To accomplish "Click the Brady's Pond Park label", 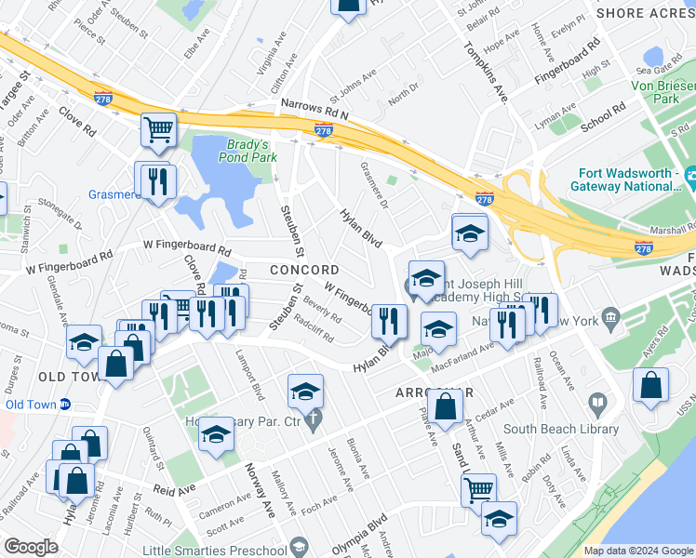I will pyautogui.click(x=248, y=151).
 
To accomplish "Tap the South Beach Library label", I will pyautogui.click(x=561, y=429).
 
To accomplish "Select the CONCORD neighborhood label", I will pyautogui.click(x=298, y=270).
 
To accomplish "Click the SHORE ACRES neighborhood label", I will pyautogui.click(x=645, y=13).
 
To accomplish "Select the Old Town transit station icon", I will pyautogui.click(x=66, y=405).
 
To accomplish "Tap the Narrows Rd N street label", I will pyautogui.click(x=314, y=107).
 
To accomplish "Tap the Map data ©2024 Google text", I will pyautogui.click(x=638, y=551).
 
